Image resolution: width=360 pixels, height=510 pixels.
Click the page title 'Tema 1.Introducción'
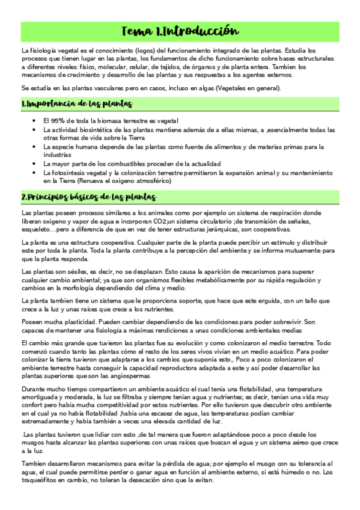tap(180, 31)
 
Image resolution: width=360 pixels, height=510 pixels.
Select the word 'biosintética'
tap(105, 129)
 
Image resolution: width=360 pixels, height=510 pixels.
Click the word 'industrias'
tap(59, 155)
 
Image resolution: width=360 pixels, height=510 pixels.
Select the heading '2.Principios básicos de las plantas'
tap(90, 197)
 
